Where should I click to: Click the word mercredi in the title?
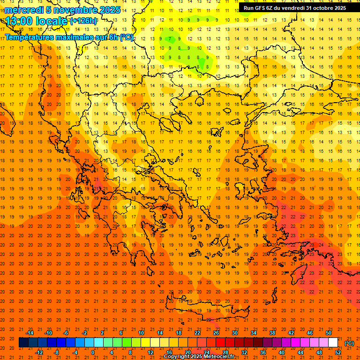pyautogui.click(x=24, y=10)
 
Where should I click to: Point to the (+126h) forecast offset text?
pyautogui.click(x=84, y=21)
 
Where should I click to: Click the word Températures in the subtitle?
pyautogui.click(x=32, y=37)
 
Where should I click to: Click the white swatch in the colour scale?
pyautogui.click(x=333, y=343)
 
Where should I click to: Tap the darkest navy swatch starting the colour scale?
pyautogui.click(x=23, y=343)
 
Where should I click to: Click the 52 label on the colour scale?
pyautogui.click(x=338, y=352)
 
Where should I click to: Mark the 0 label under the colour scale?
pyautogui.click(x=93, y=352)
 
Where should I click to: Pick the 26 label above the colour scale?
pyautogui.click(x=216, y=333)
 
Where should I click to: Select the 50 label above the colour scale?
pyautogui.click(x=329, y=333)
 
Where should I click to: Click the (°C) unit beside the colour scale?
pyautogui.click(x=349, y=343)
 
